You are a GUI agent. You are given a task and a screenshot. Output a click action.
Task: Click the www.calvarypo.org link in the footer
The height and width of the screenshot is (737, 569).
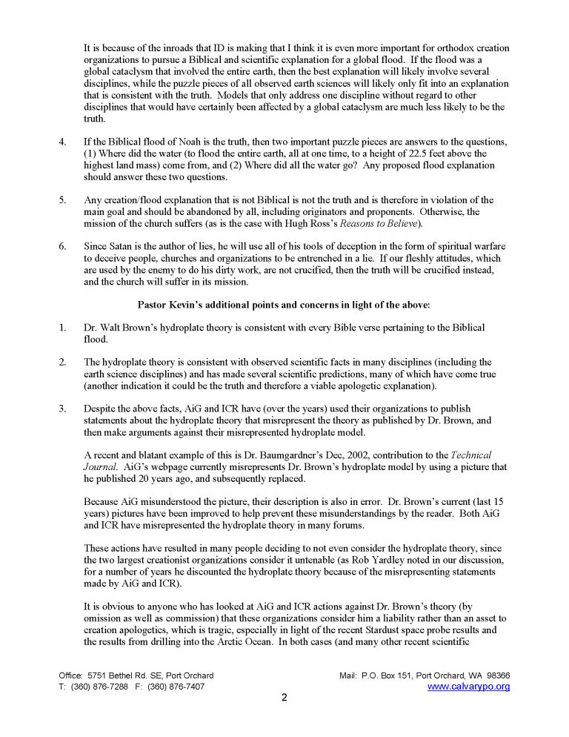click(469, 687)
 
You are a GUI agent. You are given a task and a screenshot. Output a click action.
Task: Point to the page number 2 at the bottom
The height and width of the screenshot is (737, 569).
click(284, 698)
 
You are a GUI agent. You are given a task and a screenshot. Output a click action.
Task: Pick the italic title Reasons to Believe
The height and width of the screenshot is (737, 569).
click(377, 223)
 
